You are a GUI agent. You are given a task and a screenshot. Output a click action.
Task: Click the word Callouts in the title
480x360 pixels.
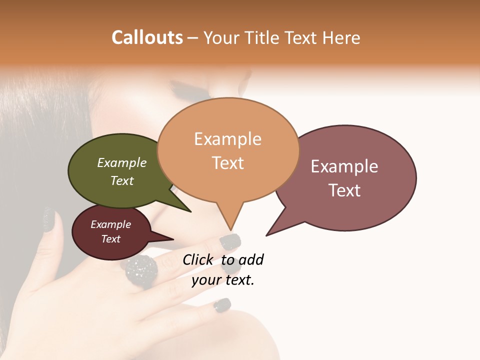(x=147, y=37)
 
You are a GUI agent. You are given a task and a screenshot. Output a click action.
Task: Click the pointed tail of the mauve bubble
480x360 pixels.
(x=268, y=234)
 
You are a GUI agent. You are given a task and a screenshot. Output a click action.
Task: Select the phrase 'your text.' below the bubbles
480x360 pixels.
(x=223, y=280)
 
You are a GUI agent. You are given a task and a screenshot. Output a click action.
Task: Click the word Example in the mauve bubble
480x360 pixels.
(x=344, y=166)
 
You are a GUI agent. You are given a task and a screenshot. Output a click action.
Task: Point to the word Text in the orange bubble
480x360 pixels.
(x=228, y=163)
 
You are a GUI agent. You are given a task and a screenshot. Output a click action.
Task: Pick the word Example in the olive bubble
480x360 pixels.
(x=122, y=163)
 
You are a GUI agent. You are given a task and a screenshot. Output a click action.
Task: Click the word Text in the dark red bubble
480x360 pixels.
(x=111, y=239)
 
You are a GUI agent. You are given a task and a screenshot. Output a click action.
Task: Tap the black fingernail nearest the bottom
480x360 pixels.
(x=222, y=305)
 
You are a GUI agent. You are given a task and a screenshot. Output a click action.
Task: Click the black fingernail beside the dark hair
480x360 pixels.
(x=49, y=220)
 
